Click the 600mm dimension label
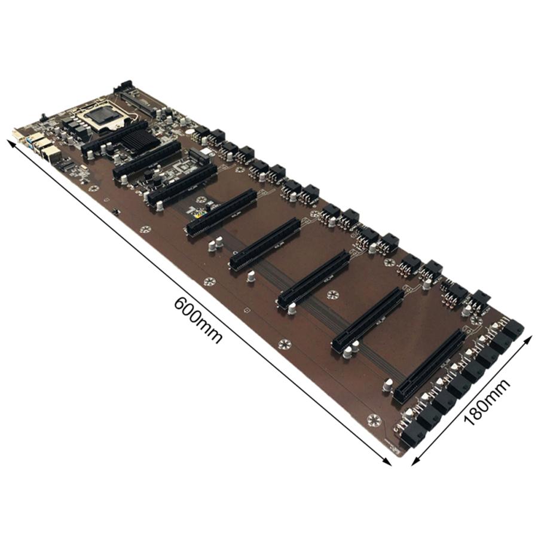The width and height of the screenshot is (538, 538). (198, 320)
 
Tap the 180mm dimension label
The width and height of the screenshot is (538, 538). (487, 402)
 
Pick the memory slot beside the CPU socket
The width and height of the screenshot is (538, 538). (134, 101)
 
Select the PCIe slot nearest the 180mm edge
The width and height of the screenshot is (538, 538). (429, 366)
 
